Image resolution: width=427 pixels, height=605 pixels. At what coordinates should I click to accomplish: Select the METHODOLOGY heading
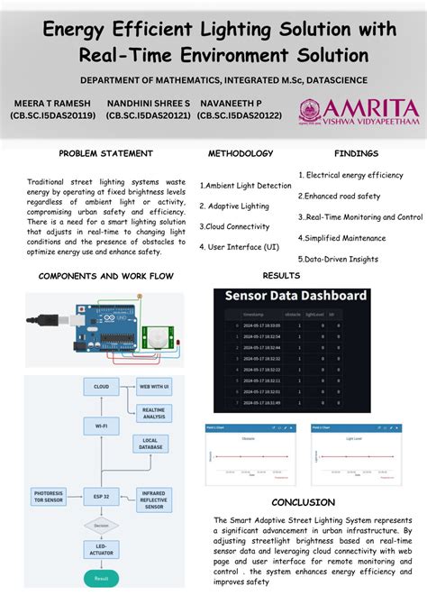pyautogui.click(x=241, y=153)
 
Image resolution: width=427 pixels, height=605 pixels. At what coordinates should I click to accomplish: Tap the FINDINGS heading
pyautogui.click(x=356, y=153)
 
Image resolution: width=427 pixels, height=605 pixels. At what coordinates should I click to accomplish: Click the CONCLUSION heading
pyautogui.click(x=303, y=502)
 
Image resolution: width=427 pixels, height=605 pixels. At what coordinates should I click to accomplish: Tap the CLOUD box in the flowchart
pyautogui.click(x=101, y=387)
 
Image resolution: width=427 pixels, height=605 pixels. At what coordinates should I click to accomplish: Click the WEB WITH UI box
pyautogui.click(x=154, y=387)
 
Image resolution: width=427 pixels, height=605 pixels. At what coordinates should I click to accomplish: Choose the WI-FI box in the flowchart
pyautogui.click(x=101, y=424)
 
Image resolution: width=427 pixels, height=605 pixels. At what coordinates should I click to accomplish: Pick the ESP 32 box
pyautogui.click(x=101, y=494)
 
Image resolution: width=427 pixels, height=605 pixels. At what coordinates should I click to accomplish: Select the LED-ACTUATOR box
pyautogui.click(x=101, y=548)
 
